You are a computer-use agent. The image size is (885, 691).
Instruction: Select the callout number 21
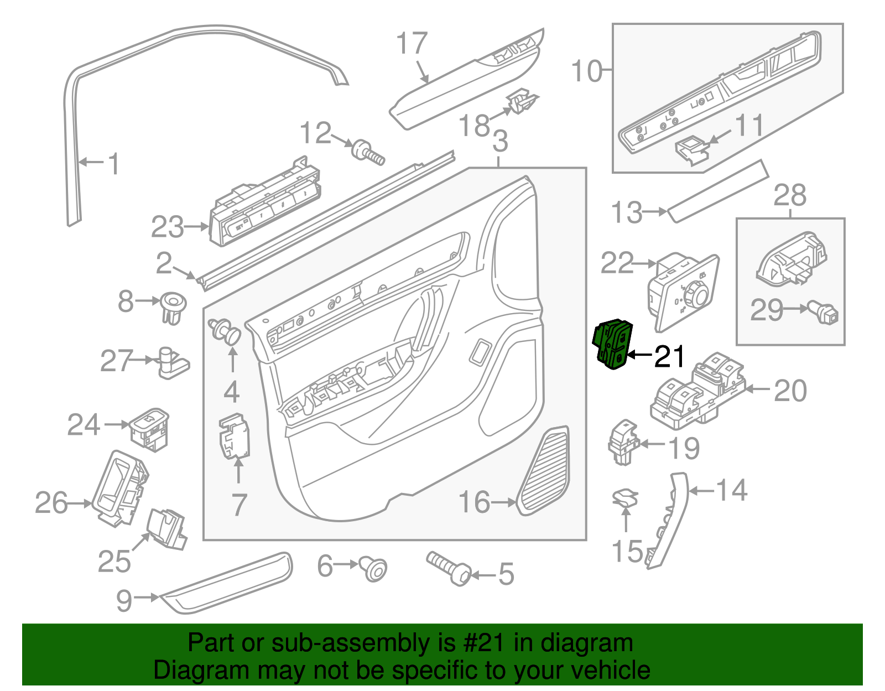pos(669,357)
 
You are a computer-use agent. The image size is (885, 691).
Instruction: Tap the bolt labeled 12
pos(368,152)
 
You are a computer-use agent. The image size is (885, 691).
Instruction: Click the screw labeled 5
pos(449,568)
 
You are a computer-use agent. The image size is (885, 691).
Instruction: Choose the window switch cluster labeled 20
pos(697,391)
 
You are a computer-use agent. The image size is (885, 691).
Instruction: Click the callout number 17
pos(412,43)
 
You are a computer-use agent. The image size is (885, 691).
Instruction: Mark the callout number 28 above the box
pos(790,195)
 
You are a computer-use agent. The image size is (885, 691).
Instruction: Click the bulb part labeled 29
pos(825,313)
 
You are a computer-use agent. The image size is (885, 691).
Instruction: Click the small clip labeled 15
pos(625,497)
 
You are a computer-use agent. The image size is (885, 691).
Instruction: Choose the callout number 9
pos(124,600)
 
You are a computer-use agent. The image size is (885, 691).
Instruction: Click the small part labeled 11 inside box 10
pos(691,149)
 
